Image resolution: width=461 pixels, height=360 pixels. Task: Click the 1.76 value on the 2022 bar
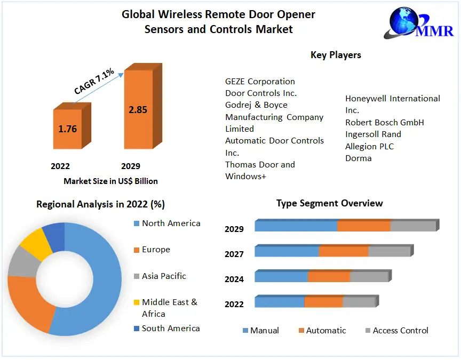point(68,129)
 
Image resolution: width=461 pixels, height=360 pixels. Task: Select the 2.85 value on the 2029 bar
point(138,110)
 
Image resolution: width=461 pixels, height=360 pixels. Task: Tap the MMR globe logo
point(407,22)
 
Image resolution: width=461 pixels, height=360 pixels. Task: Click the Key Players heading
point(336,55)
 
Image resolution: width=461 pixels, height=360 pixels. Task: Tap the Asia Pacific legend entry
point(164,276)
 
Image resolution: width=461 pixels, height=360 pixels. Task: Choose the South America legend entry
point(170,328)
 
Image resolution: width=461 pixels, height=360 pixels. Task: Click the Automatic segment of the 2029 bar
point(364,226)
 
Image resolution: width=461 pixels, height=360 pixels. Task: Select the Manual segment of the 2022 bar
point(279,302)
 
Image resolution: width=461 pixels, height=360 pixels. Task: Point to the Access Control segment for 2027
point(389,251)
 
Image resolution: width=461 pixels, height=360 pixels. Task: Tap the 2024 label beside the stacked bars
point(234,279)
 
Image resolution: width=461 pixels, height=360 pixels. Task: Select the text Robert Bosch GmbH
point(384,122)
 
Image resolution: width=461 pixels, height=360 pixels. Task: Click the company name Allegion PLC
point(369,146)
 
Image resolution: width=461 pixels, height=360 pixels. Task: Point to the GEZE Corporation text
point(260,82)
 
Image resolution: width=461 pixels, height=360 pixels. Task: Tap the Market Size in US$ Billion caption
point(110,181)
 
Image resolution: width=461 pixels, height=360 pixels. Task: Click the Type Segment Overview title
point(329,203)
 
